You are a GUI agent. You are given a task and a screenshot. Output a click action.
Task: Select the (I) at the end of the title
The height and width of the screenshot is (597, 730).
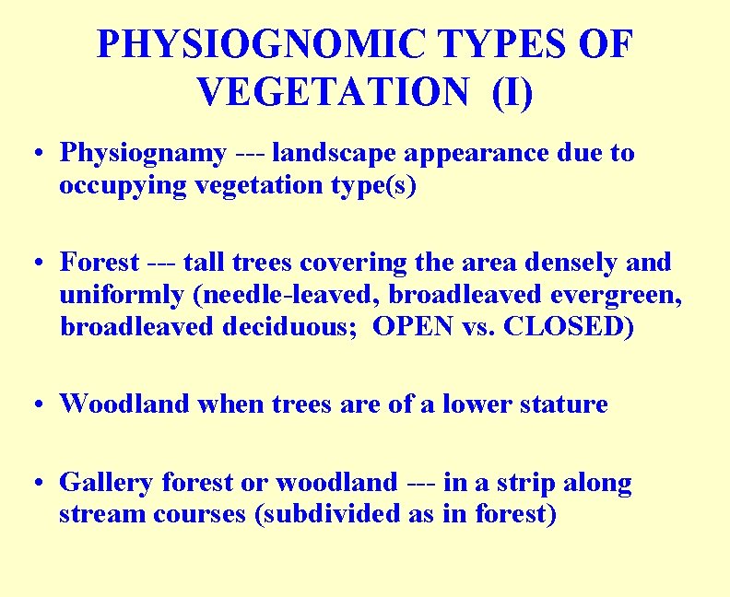[x=512, y=92]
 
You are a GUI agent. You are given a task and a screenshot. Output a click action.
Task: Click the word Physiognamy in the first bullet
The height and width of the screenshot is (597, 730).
[x=143, y=153]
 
